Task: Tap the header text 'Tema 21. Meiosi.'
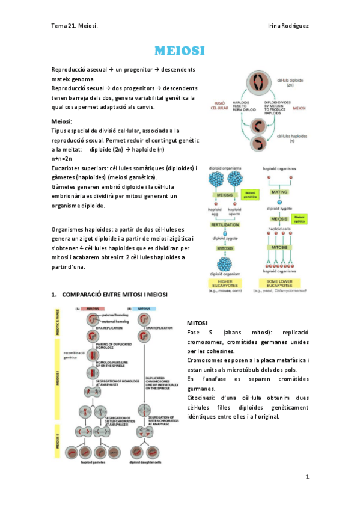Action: (75, 26)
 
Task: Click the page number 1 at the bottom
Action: (307, 476)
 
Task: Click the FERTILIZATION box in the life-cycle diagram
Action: (225, 224)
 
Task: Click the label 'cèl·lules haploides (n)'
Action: (295, 139)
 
